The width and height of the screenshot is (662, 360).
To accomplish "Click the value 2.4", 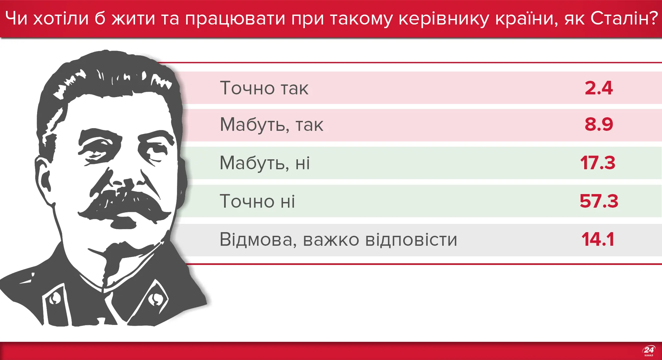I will [598, 88].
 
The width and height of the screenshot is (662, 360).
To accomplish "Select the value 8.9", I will [598, 125].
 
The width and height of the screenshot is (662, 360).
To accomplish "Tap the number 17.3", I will [597, 163].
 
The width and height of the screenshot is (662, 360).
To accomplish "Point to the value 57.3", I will [598, 201].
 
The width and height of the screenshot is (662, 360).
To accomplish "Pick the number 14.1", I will [597, 239].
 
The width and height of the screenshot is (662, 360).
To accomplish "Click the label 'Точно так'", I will [264, 88].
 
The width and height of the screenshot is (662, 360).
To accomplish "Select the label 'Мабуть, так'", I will [271, 125].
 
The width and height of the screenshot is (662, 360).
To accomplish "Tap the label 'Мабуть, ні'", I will [265, 163].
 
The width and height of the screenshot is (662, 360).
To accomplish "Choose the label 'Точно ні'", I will [257, 201].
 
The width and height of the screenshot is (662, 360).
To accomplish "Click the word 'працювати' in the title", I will [235, 19].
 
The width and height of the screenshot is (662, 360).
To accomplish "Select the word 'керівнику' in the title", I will [444, 19].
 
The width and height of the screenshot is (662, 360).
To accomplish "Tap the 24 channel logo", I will [649, 351].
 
